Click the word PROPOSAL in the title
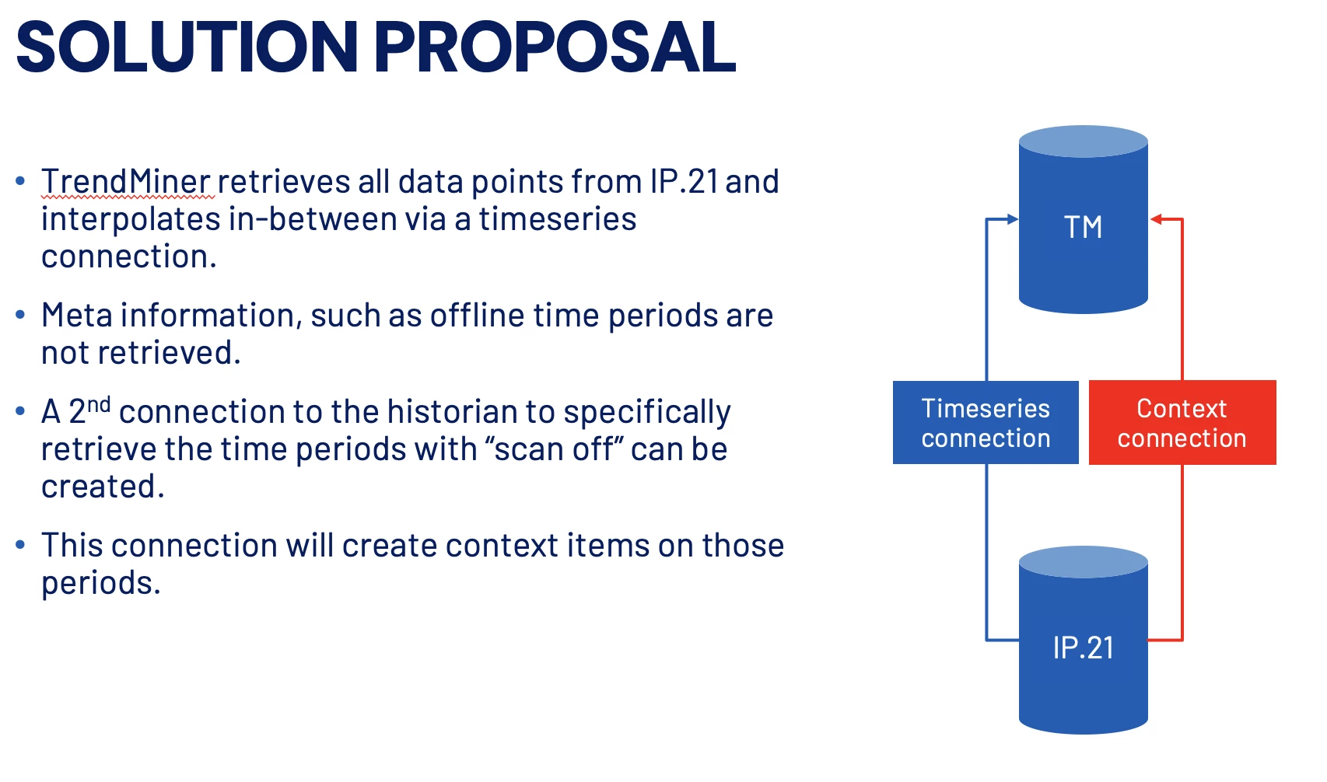pyautogui.click(x=555, y=47)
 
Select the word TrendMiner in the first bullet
pyautogui.click(x=125, y=181)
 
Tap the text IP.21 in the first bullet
pyautogui.click(x=685, y=181)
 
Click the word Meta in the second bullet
pyautogui.click(x=76, y=315)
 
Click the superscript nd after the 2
pyautogui.click(x=99, y=405)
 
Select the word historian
pyautogui.click(x=452, y=411)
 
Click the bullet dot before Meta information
pyautogui.click(x=20, y=314)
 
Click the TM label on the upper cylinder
pyautogui.click(x=1083, y=227)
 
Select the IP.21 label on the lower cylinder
pyautogui.click(x=1083, y=648)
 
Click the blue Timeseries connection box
pyautogui.click(x=986, y=422)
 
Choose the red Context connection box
pyautogui.click(x=1182, y=422)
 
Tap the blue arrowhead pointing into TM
pyautogui.click(x=1013, y=220)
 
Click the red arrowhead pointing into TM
pyautogui.click(x=1156, y=220)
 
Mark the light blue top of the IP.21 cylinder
pyautogui.click(x=1083, y=562)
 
